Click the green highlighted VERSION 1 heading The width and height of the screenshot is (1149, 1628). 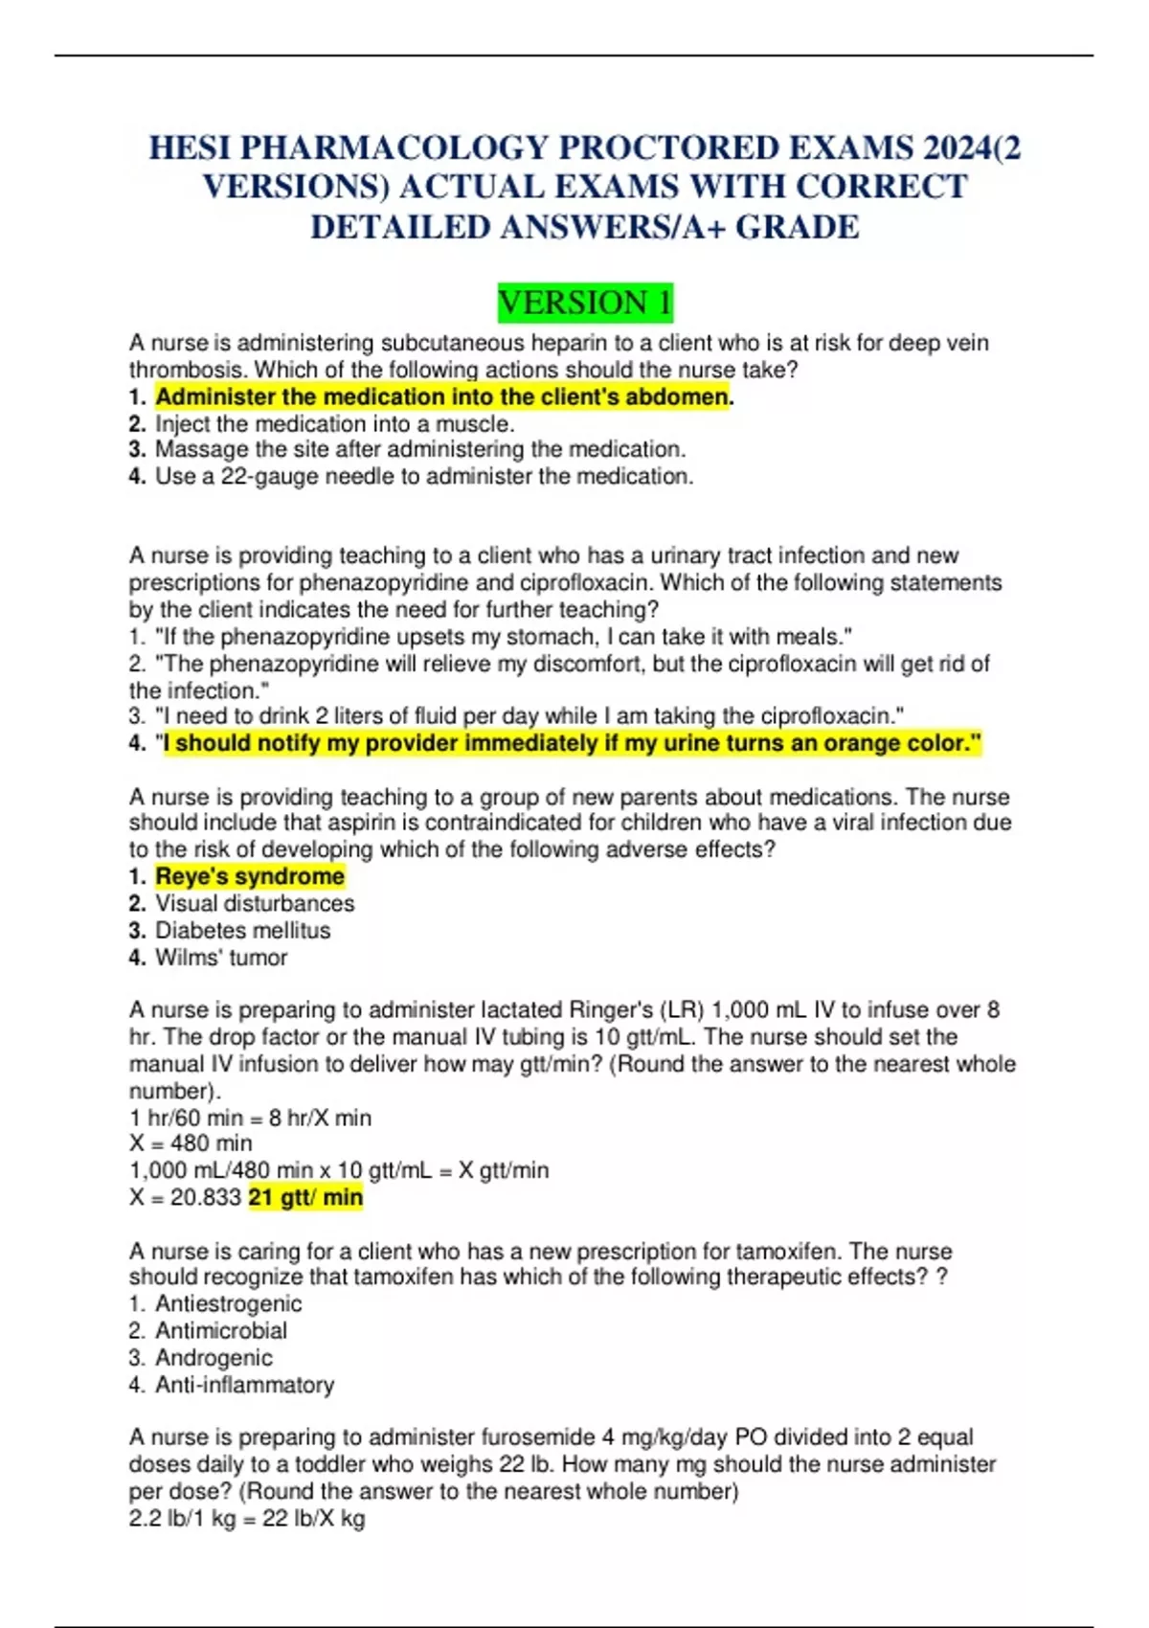(585, 303)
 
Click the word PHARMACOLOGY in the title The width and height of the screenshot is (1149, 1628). (394, 147)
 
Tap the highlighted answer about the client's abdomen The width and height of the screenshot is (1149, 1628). (442, 396)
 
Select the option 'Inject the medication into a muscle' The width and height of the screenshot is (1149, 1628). (334, 423)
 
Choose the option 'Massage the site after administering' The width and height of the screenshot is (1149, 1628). (419, 449)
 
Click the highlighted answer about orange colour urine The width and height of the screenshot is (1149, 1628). (573, 743)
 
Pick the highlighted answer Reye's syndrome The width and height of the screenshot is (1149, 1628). (250, 876)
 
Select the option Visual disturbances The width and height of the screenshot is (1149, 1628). (255, 903)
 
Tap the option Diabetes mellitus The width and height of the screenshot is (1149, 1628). (242, 930)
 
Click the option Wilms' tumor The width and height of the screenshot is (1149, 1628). (221, 957)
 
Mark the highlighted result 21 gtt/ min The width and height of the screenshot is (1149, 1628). (305, 1197)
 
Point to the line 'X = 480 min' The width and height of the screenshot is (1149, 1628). (191, 1143)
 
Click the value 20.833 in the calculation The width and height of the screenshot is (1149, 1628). (205, 1197)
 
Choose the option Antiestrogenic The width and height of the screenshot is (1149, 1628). (228, 1303)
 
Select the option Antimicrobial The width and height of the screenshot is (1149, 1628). (221, 1330)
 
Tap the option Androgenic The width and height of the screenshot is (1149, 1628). (214, 1357)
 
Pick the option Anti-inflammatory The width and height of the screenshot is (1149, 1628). (244, 1385)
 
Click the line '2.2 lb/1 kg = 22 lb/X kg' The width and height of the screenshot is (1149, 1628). (247, 1518)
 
